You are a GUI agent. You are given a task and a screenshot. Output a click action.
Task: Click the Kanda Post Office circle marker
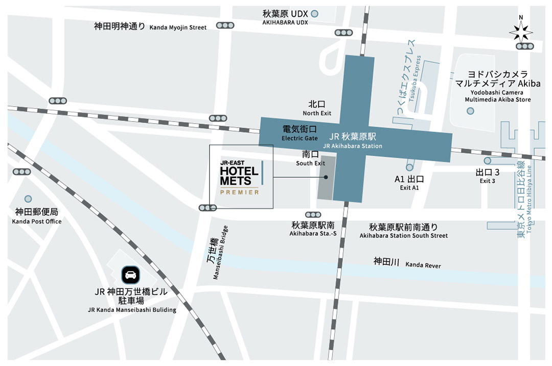point(28,199)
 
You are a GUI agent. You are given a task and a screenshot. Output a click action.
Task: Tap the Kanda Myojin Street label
point(150,27)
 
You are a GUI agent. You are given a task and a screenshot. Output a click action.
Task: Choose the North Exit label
point(317,108)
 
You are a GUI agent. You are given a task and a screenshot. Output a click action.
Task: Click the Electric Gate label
point(300,133)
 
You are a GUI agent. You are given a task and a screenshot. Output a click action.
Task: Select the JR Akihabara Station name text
point(353,141)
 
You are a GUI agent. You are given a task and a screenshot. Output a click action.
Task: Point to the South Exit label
point(310,158)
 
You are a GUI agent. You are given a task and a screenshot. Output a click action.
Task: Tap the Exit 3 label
point(487,176)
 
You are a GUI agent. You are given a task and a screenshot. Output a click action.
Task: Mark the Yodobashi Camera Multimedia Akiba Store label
point(494,87)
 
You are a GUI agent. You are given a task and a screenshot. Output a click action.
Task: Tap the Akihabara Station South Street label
point(403,231)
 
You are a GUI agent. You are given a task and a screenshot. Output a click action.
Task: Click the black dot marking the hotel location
point(326,177)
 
